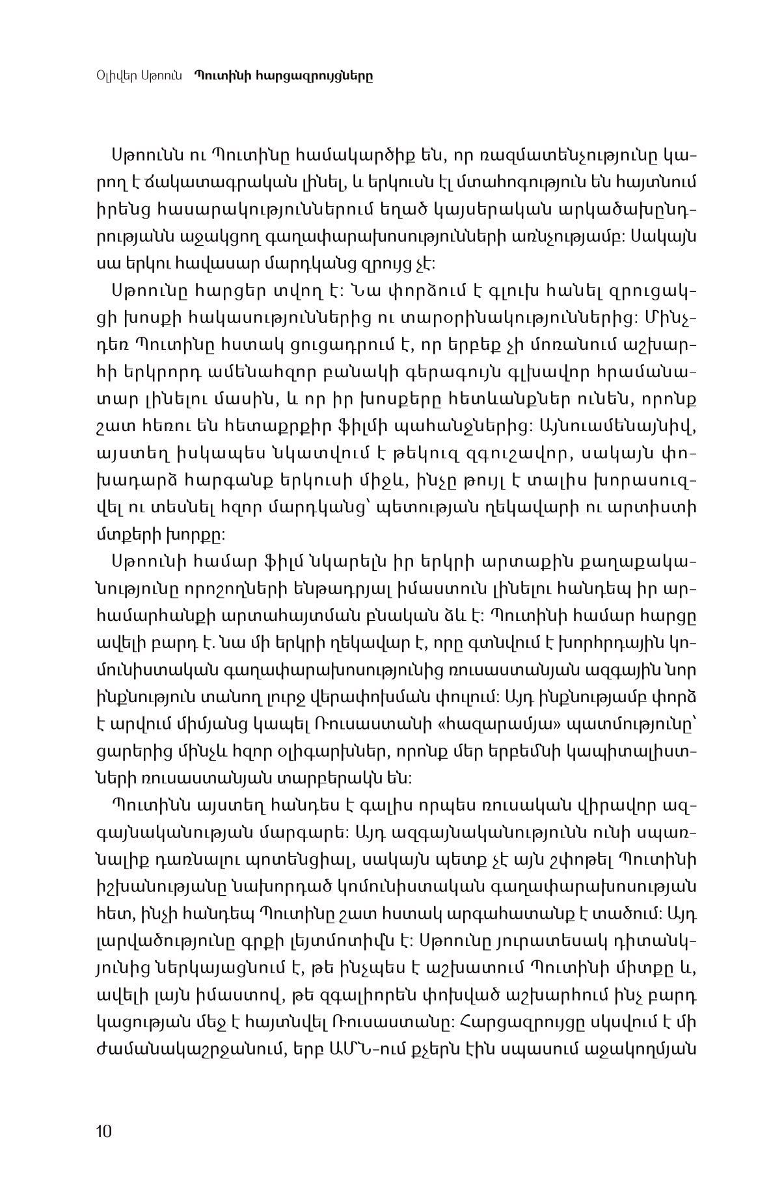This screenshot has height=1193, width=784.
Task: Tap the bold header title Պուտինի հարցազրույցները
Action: click(x=283, y=75)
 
